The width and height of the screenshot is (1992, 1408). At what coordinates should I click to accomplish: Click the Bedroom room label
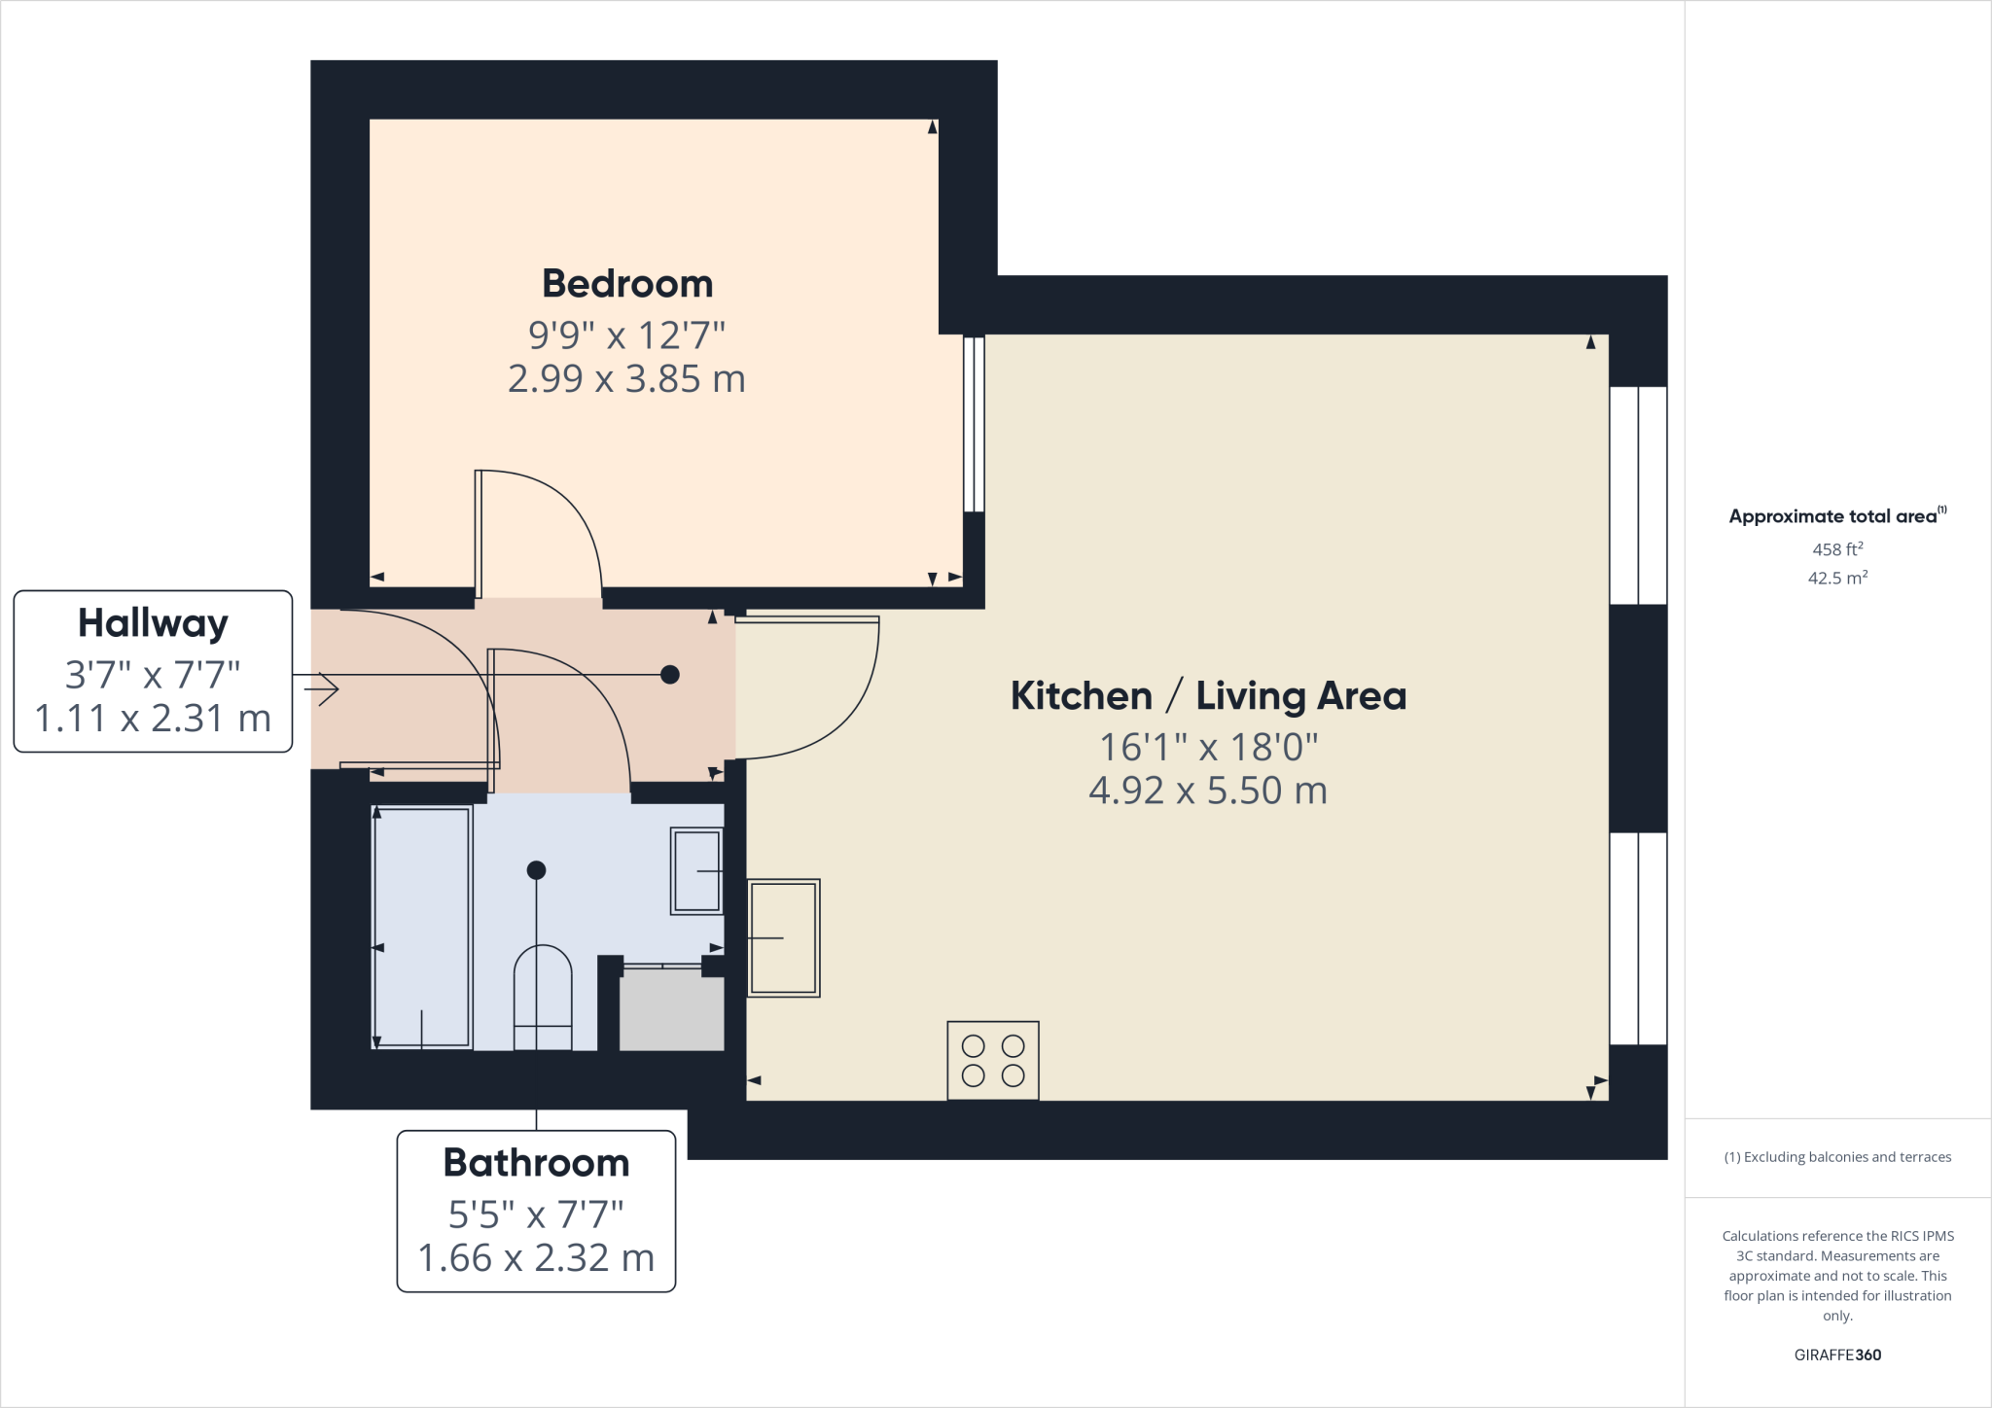627,284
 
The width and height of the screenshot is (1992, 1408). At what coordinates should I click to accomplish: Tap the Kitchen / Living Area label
1208,696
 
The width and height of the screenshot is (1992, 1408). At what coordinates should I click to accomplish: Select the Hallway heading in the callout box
153,623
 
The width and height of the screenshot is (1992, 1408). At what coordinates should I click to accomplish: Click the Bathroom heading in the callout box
536,1163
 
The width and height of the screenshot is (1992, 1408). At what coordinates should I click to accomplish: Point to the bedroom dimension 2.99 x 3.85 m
626,378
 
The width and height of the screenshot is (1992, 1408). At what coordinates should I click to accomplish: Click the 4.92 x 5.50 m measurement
1208,791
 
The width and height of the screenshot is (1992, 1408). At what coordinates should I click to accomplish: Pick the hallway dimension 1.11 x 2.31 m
153,719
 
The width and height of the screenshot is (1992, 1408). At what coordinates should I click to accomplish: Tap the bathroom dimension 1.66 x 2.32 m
536,1258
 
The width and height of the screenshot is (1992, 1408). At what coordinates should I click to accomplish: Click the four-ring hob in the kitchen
993,1060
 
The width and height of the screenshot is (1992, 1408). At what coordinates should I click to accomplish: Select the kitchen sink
783,937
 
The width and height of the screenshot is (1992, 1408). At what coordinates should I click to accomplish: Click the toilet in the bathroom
543,998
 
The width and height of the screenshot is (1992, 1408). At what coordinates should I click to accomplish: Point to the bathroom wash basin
696,870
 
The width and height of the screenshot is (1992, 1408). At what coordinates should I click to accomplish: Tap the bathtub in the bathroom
422,927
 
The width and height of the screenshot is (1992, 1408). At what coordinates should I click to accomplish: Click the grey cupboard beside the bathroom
671,1012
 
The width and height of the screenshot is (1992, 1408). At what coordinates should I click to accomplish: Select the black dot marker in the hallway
670,674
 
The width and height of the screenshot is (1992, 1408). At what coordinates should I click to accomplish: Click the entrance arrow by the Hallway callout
321,689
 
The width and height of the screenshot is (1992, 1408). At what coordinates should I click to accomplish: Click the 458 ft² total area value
1837,549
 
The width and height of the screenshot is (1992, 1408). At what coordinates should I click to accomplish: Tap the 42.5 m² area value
1837,578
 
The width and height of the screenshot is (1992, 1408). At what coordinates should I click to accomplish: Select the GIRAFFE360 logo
1837,1355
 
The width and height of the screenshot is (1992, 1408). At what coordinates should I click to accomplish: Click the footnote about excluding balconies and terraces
1837,1157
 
